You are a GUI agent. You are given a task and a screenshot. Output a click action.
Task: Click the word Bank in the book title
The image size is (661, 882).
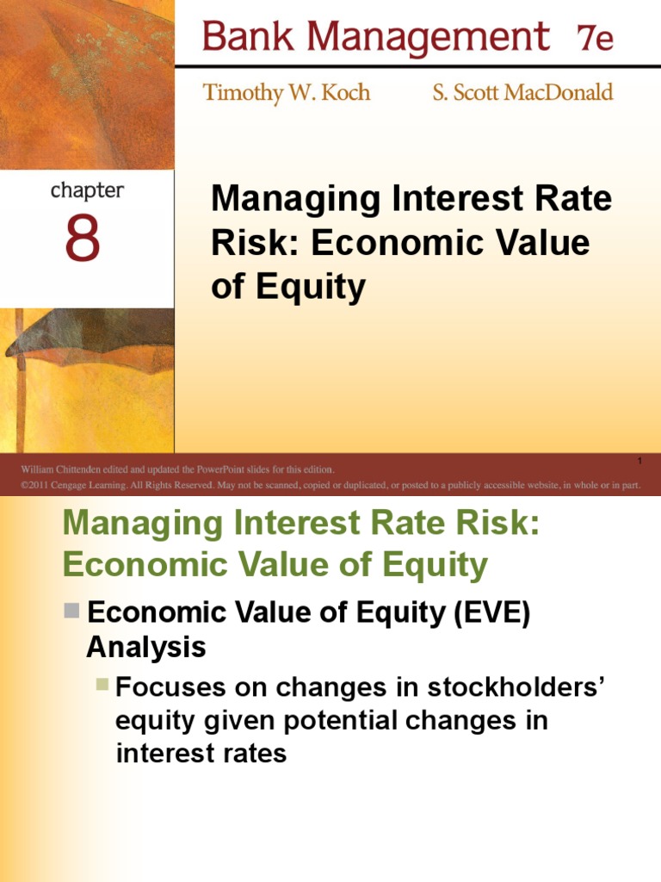pos(240,37)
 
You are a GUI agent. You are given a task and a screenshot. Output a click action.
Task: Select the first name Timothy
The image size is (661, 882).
pos(244,93)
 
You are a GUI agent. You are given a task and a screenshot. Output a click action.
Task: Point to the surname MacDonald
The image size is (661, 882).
pos(560,93)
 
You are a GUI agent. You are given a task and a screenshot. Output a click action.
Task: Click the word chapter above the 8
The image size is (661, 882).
pos(87,190)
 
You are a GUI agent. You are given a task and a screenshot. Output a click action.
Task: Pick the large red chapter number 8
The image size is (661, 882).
pos(83,240)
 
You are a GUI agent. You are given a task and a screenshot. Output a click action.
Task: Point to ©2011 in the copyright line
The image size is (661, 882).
pos(36,485)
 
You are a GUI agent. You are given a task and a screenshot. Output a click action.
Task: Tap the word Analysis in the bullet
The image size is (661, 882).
pos(146,646)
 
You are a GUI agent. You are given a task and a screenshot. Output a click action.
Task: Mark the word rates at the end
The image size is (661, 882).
pos(249,754)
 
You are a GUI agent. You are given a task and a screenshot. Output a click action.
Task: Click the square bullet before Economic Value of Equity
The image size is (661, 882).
pos(73,612)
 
